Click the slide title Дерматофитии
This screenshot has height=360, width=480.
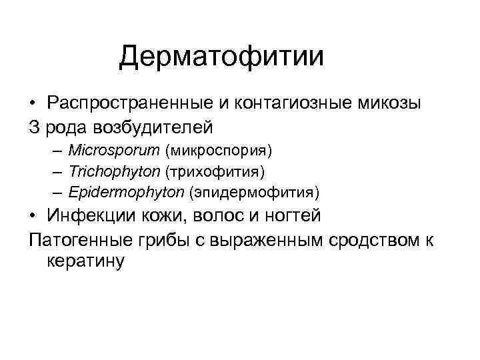click(221, 57)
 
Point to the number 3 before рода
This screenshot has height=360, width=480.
click(35, 125)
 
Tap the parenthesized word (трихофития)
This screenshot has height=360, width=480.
click(215, 171)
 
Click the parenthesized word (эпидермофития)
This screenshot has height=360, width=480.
click(254, 193)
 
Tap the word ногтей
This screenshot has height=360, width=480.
click(293, 216)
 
